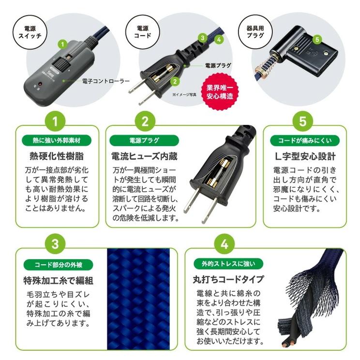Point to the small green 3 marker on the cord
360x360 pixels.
(x=203, y=36)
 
